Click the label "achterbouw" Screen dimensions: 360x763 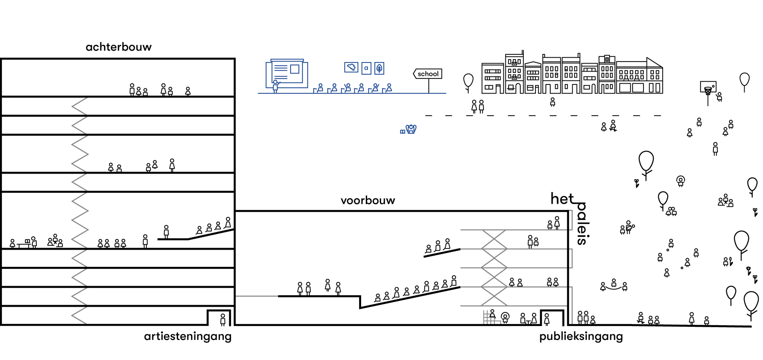[x=118, y=47]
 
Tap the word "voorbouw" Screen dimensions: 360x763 [x=368, y=200]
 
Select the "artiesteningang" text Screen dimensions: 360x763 [x=188, y=336]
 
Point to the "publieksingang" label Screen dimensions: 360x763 [x=581, y=336]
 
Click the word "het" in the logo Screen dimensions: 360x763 [x=562, y=199]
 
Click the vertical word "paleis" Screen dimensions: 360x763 [x=582, y=224]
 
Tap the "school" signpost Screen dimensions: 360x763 [x=428, y=74]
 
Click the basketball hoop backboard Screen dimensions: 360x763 [x=708, y=87]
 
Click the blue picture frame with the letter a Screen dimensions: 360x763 [x=366, y=68]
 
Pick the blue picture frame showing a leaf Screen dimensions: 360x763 [x=379, y=68]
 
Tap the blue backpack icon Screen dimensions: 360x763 [x=411, y=129]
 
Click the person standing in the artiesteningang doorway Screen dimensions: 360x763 [x=223, y=319]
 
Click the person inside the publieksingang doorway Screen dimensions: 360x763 [x=547, y=319]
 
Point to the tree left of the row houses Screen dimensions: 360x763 [x=468, y=82]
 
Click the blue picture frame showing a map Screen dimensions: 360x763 [x=351, y=67]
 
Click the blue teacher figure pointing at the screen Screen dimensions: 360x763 [x=275, y=86]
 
